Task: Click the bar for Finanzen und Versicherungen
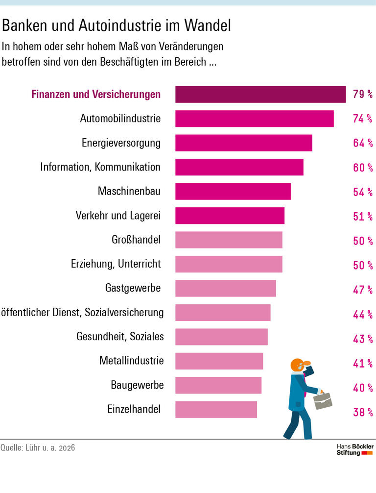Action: tap(260, 94)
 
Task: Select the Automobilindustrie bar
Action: tap(254, 119)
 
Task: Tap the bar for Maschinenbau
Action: tap(233, 192)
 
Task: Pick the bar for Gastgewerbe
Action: tap(225, 289)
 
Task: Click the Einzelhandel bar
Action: tap(216, 410)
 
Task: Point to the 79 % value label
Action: tap(362, 94)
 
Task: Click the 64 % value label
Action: tap(362, 143)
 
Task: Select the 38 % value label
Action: tap(362, 412)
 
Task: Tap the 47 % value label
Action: tap(362, 290)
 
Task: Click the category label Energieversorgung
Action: tap(121, 143)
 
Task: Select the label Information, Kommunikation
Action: tap(100, 167)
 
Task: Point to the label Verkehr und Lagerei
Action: tap(118, 216)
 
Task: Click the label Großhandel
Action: tap(136, 240)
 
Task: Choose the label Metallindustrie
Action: tap(131, 361)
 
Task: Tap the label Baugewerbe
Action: tap(137, 385)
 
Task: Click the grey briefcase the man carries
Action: tap(323, 400)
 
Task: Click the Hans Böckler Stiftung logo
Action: tap(355, 449)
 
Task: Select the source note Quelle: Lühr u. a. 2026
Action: tap(38, 447)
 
